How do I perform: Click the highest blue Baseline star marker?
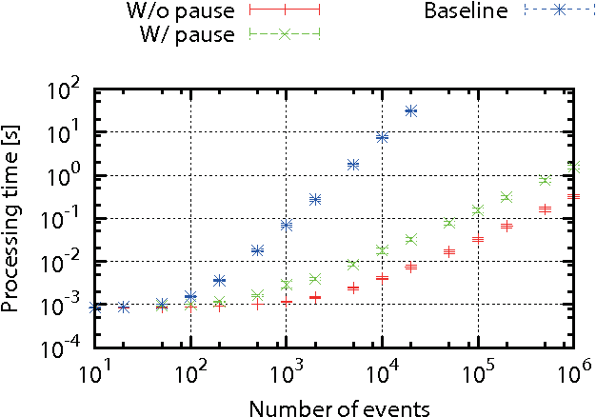tap(410, 110)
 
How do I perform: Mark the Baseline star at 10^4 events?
tap(382, 137)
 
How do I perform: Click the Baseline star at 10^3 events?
tap(286, 225)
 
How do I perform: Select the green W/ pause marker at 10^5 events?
tap(478, 209)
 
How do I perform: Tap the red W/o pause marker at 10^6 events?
tap(573, 196)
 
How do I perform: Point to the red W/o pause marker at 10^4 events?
tap(382, 277)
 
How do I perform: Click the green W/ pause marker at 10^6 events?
tap(573, 167)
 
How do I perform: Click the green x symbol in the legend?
tap(284, 34)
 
